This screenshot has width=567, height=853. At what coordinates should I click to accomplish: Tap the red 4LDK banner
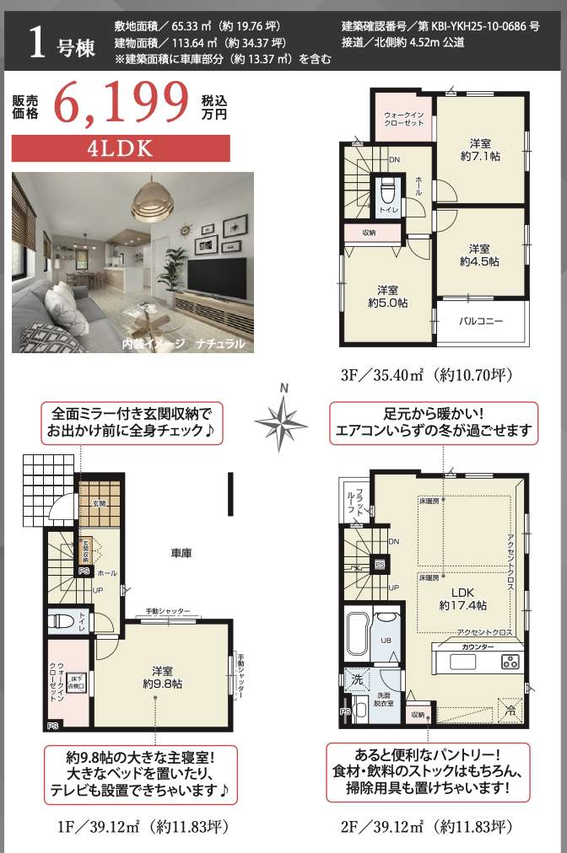pyautogui.click(x=121, y=148)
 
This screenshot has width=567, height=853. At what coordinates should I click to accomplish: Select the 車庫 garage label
pyautogui.click(x=181, y=554)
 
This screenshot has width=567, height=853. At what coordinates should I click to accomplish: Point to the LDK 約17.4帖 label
pyautogui.click(x=462, y=598)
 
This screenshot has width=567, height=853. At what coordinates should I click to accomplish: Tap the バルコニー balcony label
pyautogui.click(x=481, y=321)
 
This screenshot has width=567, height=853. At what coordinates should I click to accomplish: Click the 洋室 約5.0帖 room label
pyautogui.click(x=387, y=295)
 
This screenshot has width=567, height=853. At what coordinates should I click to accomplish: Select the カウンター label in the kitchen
pyautogui.click(x=478, y=646)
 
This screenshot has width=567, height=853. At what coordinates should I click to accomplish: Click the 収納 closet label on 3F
pyautogui.click(x=370, y=232)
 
